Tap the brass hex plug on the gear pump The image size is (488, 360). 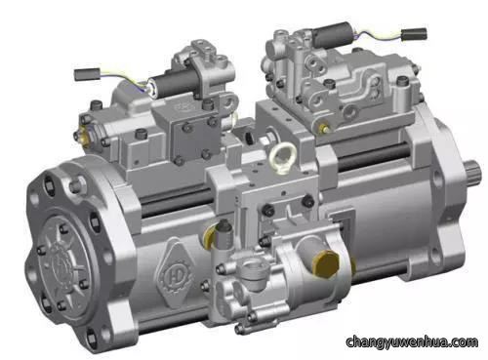coord(326,264)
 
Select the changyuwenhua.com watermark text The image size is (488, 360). coord(412,342)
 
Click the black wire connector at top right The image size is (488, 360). coord(414,34)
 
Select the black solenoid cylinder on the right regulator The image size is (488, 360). coord(332,34)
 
